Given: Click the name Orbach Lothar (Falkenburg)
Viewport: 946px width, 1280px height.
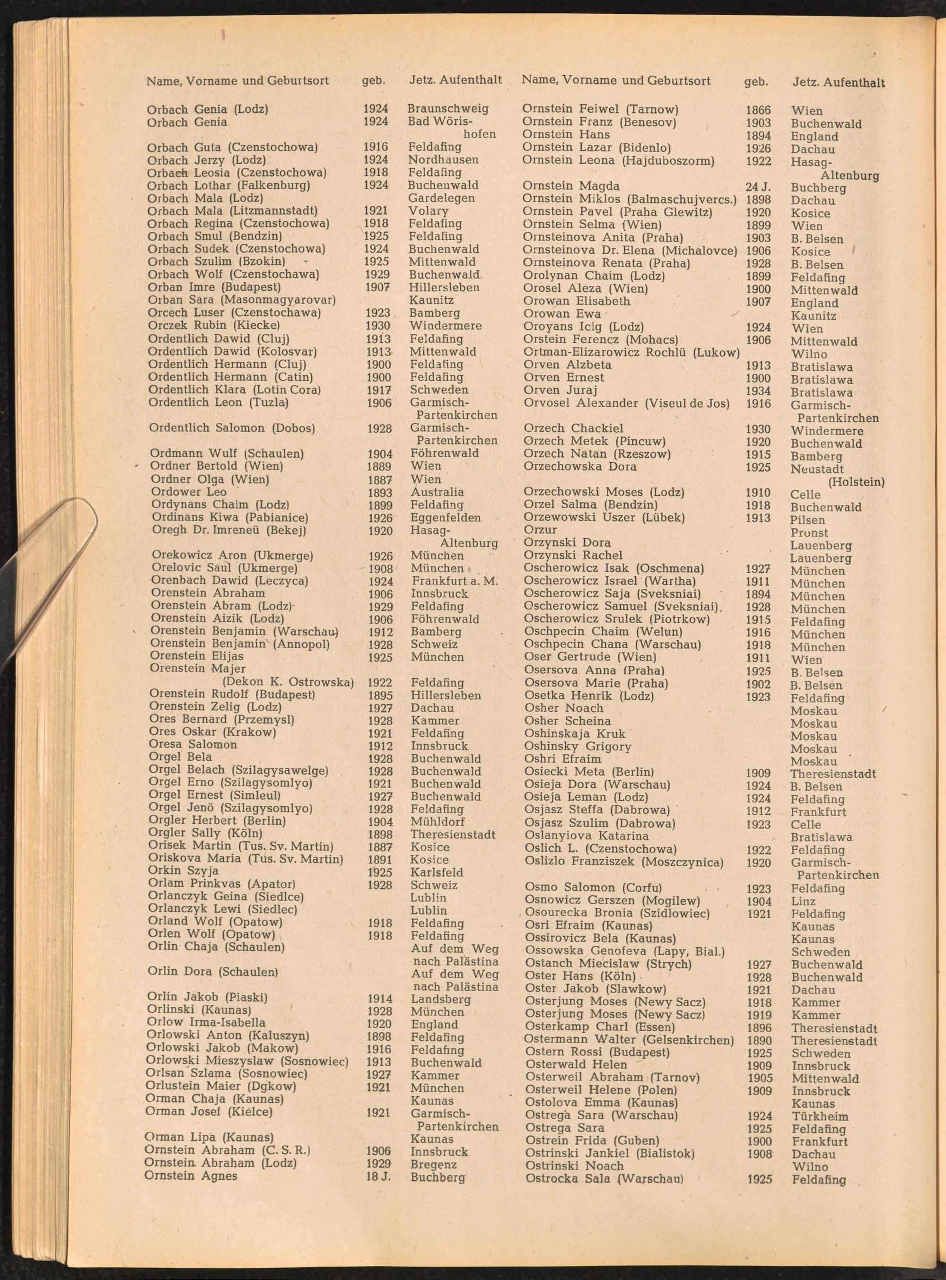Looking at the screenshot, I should coord(228,185).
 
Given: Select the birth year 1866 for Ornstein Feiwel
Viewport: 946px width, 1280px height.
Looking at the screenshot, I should coord(758,110).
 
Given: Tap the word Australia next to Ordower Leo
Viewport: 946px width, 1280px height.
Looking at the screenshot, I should coord(437,492).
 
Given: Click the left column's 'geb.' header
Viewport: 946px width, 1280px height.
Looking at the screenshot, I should coord(373,81).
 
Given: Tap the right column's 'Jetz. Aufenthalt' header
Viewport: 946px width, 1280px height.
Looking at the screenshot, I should coord(838,82).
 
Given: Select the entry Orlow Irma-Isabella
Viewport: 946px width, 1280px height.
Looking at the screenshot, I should coord(206,1022).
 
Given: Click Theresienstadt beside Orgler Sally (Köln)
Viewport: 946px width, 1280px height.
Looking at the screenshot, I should coord(453,834).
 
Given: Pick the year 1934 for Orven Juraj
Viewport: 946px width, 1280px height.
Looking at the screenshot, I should coord(758,391).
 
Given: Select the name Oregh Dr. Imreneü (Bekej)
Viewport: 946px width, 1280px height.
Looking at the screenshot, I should coord(228,530).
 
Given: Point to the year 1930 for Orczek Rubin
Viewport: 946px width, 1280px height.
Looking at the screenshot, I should coord(377,326).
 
